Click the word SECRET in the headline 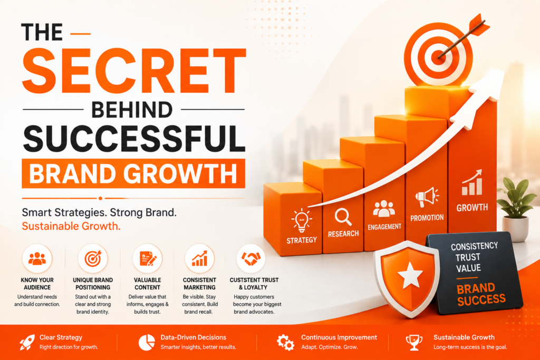(x=134, y=71)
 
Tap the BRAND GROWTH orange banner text (x=133, y=173)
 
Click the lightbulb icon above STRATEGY (x=301, y=220)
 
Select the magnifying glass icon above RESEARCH (x=343, y=217)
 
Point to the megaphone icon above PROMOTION (x=427, y=197)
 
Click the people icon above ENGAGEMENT (x=384, y=209)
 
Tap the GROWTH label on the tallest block (x=472, y=208)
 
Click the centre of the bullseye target (x=438, y=54)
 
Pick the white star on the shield (x=410, y=275)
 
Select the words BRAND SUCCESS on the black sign (x=481, y=294)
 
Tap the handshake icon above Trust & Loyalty (x=251, y=258)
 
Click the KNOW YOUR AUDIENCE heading (x=37, y=284)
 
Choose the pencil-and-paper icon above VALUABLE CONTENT (x=148, y=258)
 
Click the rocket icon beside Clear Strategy (x=27, y=342)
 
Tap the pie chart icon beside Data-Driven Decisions (x=147, y=343)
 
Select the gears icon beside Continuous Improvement (x=285, y=342)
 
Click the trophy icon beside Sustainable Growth (x=414, y=343)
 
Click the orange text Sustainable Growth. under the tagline (x=71, y=226)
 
